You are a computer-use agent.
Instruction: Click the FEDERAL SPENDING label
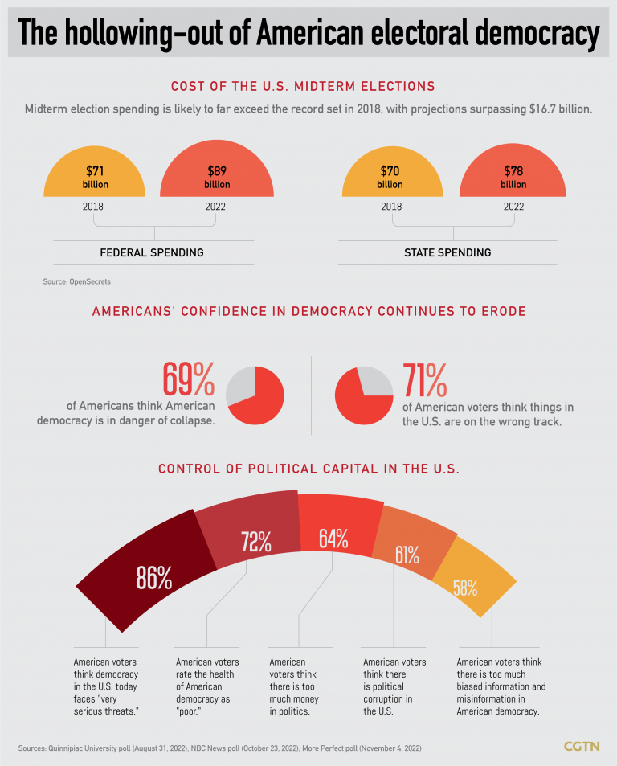pos(152,252)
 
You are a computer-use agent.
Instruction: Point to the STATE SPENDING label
pos(447,252)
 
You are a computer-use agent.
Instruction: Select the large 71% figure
pos(424,379)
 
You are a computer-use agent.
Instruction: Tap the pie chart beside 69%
pos(255,394)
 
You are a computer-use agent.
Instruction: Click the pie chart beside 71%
pos(364,394)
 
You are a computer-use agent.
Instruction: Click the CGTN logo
pos(581,747)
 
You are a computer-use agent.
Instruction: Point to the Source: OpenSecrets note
pos(77,282)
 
